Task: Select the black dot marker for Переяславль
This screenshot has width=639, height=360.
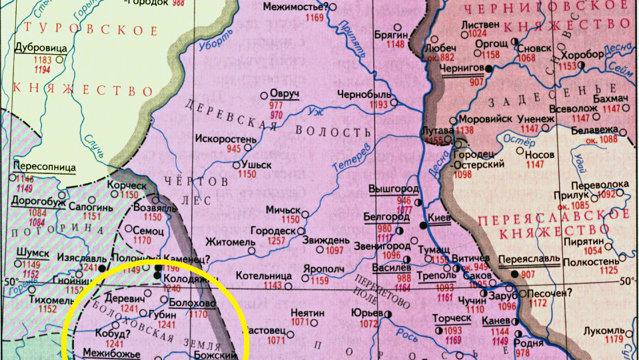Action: tap(514, 274)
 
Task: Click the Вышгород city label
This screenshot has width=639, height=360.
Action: tap(393, 189)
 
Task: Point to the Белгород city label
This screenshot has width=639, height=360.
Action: tap(386, 217)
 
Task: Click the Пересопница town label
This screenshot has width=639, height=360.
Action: tap(43, 166)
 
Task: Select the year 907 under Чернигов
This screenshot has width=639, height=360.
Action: tap(476, 82)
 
